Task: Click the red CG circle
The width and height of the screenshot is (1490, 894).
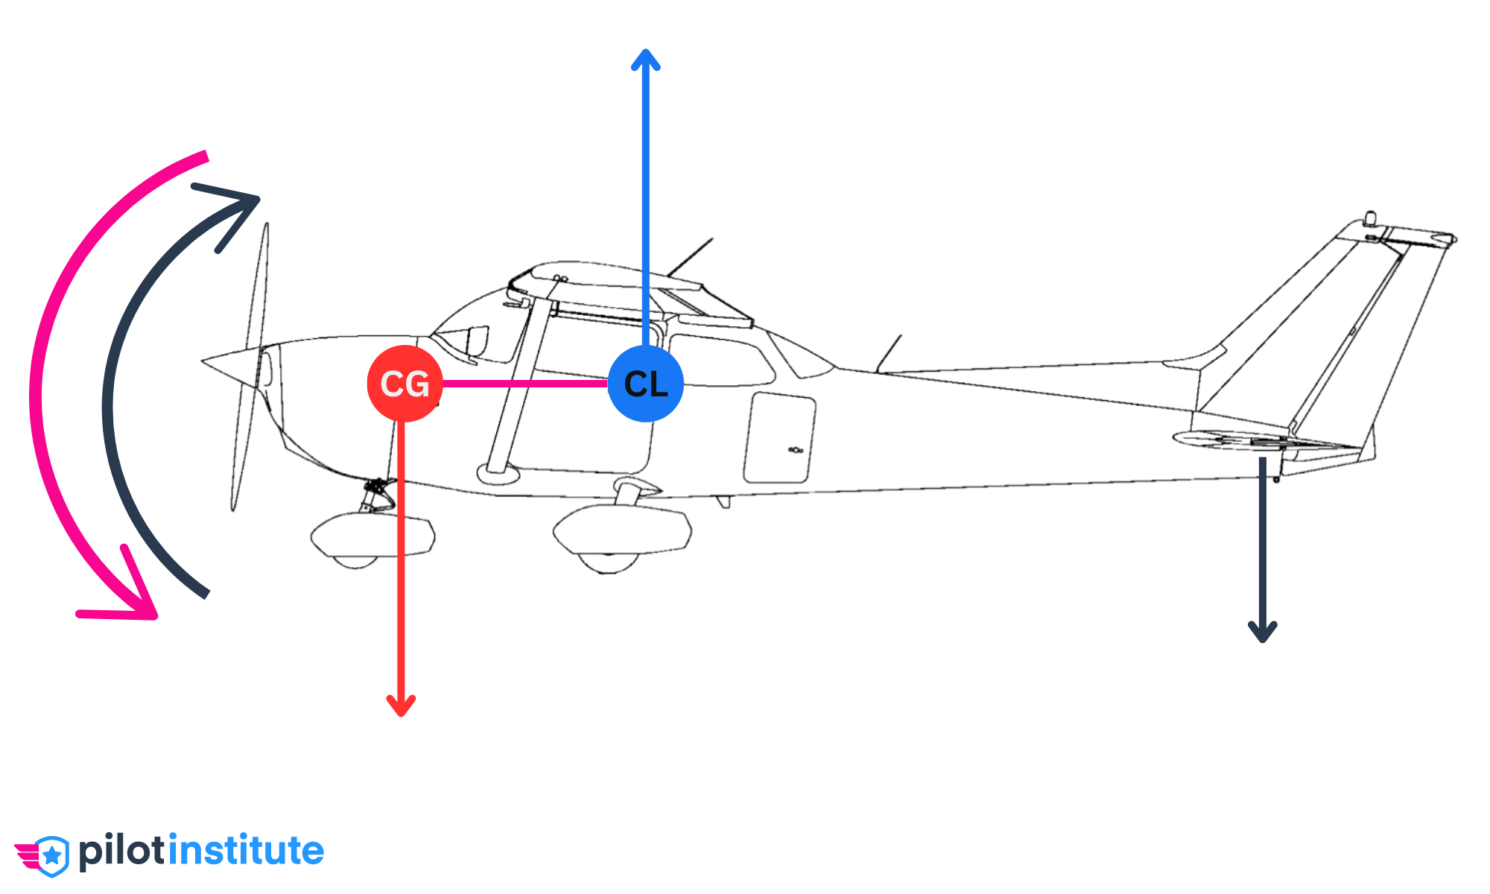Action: (x=405, y=384)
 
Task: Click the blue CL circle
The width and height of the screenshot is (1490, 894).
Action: (x=645, y=384)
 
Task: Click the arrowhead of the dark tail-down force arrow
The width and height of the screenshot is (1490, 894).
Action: (x=1263, y=633)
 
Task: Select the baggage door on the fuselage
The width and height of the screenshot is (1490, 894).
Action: (x=779, y=440)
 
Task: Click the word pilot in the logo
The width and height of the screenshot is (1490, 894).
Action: (x=123, y=851)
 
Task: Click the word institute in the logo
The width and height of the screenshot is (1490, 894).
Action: (x=246, y=851)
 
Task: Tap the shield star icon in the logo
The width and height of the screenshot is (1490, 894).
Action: (x=51, y=856)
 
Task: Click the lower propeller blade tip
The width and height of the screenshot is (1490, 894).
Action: (x=234, y=507)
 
